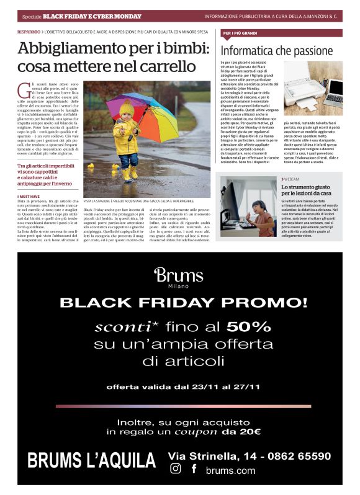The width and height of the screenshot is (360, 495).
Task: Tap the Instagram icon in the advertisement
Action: click(x=176, y=470)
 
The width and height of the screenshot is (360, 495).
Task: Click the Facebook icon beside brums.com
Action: click(x=194, y=470)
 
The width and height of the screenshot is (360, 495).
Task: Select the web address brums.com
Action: click(x=230, y=471)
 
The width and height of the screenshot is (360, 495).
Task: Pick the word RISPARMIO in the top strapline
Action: click(x=29, y=30)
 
